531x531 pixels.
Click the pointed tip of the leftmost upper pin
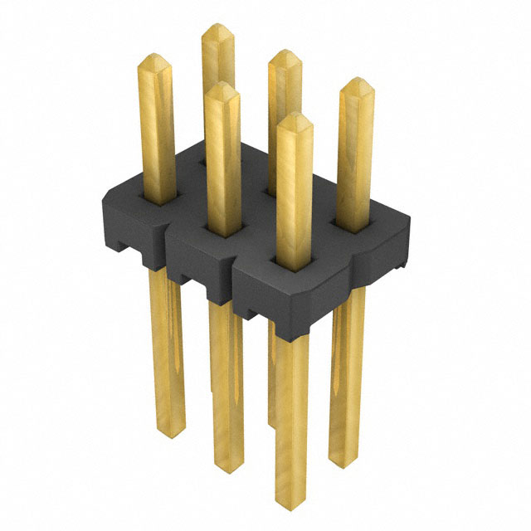[155, 60]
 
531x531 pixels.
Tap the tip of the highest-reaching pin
[218, 29]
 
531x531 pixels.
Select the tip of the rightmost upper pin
[356, 83]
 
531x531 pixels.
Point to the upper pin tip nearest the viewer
[293, 119]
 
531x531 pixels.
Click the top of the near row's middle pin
[222, 87]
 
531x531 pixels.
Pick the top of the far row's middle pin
[285, 56]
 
